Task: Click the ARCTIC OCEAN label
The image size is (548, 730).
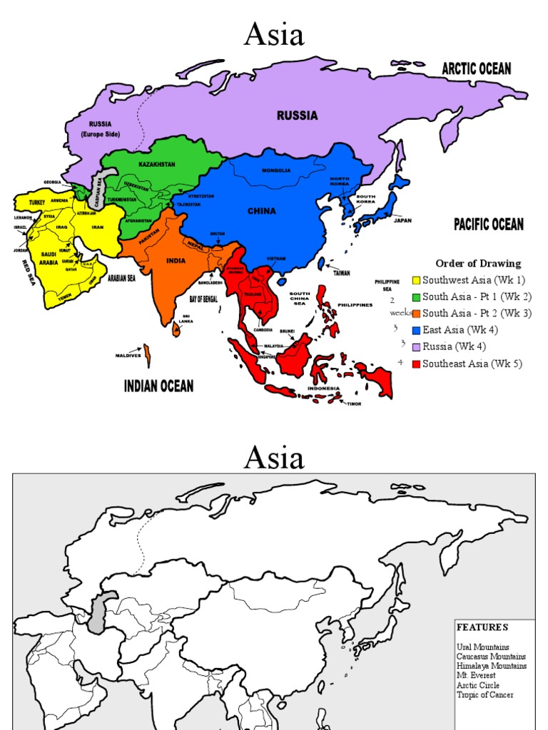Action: tap(476, 69)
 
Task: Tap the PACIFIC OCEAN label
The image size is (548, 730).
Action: tap(489, 225)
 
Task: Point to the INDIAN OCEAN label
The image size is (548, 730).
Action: tap(158, 386)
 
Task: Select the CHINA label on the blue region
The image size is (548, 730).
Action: tap(261, 211)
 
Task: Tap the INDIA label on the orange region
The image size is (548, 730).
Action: tap(176, 261)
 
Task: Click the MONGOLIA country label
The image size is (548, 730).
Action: tap(276, 170)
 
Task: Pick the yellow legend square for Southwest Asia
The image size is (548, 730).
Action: tap(417, 280)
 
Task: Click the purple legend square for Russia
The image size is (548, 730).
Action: tap(417, 346)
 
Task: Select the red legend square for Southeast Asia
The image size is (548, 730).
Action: tap(417, 364)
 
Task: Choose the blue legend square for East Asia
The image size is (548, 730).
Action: tap(417, 330)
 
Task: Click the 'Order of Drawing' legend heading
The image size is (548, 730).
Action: tap(478, 264)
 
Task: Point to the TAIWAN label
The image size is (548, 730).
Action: tap(342, 272)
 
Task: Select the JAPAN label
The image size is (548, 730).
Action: tap(402, 220)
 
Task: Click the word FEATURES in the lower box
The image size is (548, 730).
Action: tap(483, 627)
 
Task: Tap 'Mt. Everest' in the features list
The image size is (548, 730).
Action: tap(477, 675)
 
